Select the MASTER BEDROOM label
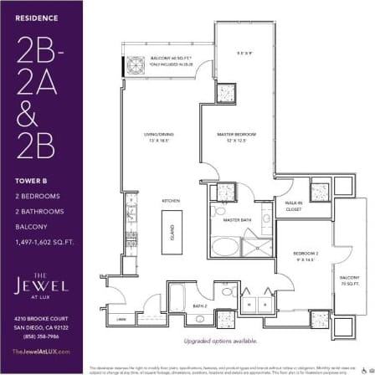235,135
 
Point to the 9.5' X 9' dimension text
244,55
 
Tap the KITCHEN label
170,201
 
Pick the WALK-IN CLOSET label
293,205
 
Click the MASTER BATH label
238,220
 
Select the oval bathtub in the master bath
222,247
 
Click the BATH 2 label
200,306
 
